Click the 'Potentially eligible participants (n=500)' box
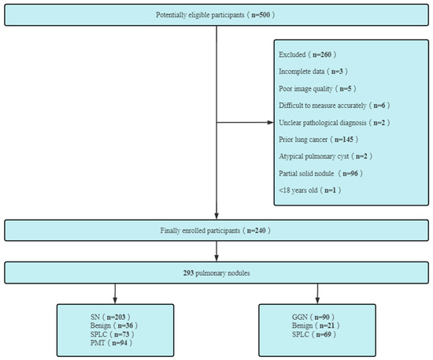coord(216,16)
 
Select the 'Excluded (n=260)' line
coord(306,54)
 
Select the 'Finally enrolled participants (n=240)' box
coord(216,230)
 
